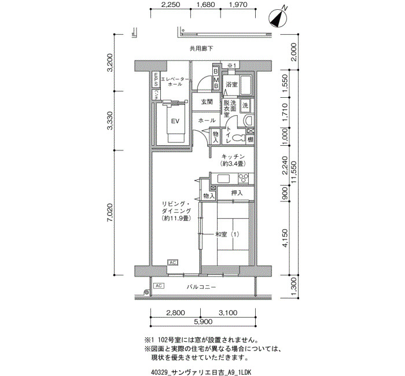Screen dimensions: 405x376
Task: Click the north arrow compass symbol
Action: [x=278, y=18]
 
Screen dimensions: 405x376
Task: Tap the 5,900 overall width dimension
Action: [x=203, y=322]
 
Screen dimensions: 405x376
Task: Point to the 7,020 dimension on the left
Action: [x=111, y=213]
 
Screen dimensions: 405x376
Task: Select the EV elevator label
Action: [x=175, y=121]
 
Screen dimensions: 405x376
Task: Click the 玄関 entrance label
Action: [x=207, y=102]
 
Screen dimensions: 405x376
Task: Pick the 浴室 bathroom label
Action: [x=231, y=84]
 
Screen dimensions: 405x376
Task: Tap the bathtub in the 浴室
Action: [x=246, y=86]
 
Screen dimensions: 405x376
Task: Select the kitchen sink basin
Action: [x=224, y=179]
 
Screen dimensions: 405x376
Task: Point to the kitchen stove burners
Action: [x=244, y=178]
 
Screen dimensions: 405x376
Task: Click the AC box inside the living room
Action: [x=172, y=263]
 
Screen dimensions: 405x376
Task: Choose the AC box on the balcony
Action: [x=159, y=286]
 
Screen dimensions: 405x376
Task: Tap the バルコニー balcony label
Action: [x=201, y=287]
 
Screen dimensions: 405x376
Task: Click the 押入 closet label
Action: [x=237, y=193]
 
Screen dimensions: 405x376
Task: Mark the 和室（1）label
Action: [x=227, y=234]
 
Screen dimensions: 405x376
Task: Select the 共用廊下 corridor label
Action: [x=201, y=48]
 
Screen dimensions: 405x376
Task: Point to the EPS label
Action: [x=156, y=80]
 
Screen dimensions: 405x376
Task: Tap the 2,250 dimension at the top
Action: [x=171, y=5]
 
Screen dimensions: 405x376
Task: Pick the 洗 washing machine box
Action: [x=245, y=105]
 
